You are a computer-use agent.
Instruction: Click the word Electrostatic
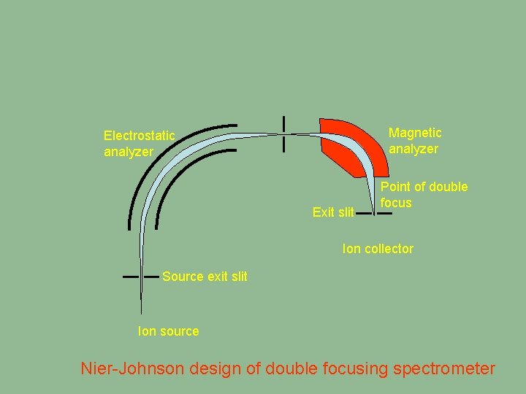(139, 135)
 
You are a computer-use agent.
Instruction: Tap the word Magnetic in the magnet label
(415, 133)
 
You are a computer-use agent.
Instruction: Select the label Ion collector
(378, 249)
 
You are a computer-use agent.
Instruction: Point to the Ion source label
(168, 331)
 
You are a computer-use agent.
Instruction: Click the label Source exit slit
(205, 277)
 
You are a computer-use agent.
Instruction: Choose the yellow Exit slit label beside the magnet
(333, 212)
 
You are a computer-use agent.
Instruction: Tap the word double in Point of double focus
(448, 187)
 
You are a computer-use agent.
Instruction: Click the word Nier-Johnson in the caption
(132, 368)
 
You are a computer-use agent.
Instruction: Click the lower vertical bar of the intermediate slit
(283, 144)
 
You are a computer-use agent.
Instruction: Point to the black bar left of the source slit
(131, 277)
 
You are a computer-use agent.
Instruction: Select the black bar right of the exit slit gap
(384, 213)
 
